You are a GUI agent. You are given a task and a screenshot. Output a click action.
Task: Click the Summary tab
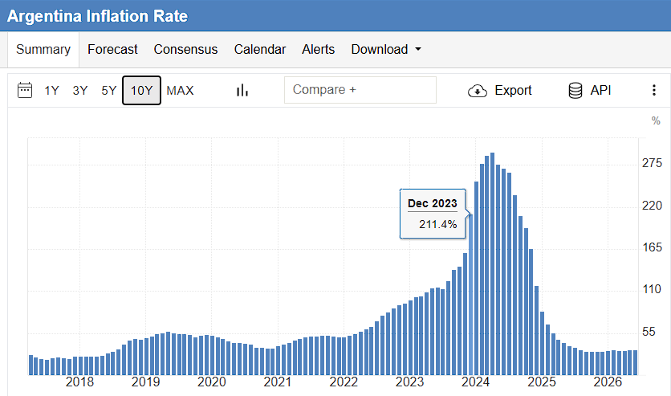(x=43, y=50)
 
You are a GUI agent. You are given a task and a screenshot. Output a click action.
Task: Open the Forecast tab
(x=112, y=50)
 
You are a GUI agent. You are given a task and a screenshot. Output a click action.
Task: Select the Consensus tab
(x=185, y=50)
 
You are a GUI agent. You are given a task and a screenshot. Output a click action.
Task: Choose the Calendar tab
(x=260, y=50)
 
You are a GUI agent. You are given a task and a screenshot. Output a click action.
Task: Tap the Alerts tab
(x=319, y=50)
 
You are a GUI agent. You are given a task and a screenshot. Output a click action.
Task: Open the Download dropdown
(x=386, y=50)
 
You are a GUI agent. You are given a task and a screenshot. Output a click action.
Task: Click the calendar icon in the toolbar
(x=25, y=90)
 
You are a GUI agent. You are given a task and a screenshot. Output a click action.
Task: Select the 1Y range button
(x=52, y=91)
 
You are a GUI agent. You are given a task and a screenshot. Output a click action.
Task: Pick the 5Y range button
(x=108, y=91)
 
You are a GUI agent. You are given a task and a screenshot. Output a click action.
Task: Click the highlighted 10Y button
(x=141, y=90)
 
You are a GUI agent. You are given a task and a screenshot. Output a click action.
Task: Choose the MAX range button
(x=180, y=91)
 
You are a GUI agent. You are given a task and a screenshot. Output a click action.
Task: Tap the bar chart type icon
(x=242, y=90)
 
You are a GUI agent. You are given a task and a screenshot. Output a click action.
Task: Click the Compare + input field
(x=360, y=90)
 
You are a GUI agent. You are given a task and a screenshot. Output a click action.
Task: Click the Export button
(x=500, y=91)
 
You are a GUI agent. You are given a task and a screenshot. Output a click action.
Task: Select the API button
(x=590, y=91)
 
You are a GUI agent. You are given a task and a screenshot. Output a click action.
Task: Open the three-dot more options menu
(x=654, y=90)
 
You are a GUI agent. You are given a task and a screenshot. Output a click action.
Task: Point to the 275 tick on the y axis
(x=652, y=163)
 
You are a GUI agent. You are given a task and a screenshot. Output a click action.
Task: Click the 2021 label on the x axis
(x=277, y=382)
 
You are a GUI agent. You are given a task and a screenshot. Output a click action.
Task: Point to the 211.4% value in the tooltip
(x=437, y=224)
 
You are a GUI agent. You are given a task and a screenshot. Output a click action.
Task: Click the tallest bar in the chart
(x=492, y=263)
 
